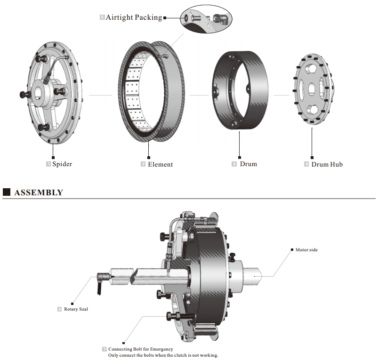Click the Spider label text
click(x=62, y=164)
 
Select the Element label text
click(x=160, y=164)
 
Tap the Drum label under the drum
click(x=248, y=164)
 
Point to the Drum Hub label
click(x=327, y=164)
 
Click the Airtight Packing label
click(x=134, y=17)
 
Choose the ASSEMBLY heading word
click(x=39, y=192)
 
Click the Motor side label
click(x=306, y=250)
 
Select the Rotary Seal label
click(x=76, y=309)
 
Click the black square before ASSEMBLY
click(x=7, y=192)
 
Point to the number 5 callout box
click(x=102, y=17)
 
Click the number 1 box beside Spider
click(x=48, y=164)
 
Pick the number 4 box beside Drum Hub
click(x=306, y=164)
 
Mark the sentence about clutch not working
click(x=163, y=355)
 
